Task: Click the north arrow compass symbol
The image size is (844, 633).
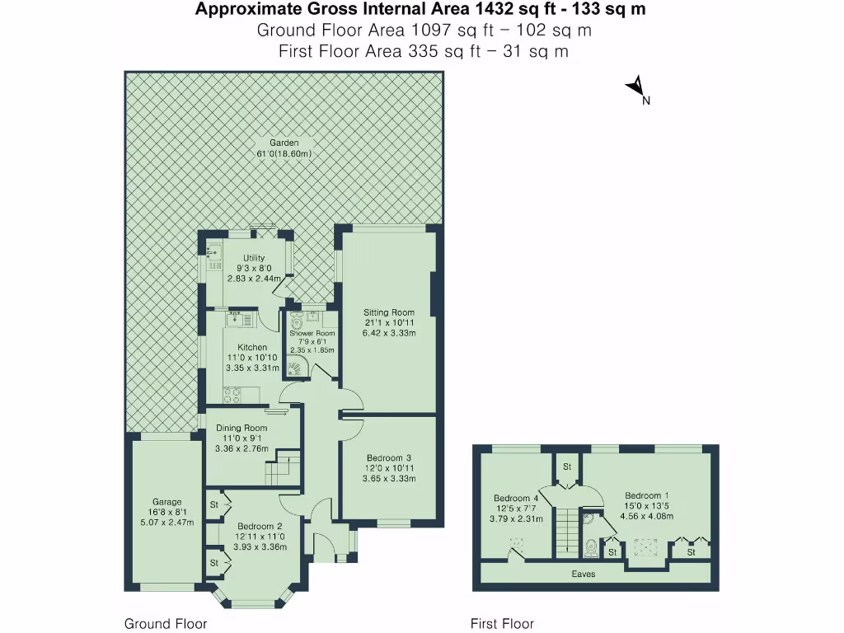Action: pyautogui.click(x=636, y=87)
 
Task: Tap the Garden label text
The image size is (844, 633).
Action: pyautogui.click(x=284, y=143)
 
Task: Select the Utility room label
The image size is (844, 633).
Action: pyautogui.click(x=254, y=258)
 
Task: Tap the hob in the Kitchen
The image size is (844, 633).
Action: pyautogui.click(x=232, y=396)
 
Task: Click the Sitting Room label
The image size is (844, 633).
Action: pyautogui.click(x=389, y=312)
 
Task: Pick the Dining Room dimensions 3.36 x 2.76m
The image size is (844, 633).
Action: pyautogui.click(x=241, y=449)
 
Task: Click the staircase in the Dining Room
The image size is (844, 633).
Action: pyautogui.click(x=282, y=467)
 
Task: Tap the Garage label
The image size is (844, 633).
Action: pyautogui.click(x=166, y=502)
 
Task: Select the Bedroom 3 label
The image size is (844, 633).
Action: pyautogui.click(x=389, y=458)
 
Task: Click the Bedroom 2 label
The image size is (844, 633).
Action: pyautogui.click(x=260, y=527)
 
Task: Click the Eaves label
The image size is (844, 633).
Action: pyautogui.click(x=584, y=574)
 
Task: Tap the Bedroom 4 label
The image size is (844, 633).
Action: pyautogui.click(x=516, y=499)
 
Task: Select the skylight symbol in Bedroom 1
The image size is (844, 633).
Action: pyautogui.click(x=645, y=547)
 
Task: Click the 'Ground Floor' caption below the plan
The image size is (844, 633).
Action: pyautogui.click(x=166, y=623)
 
